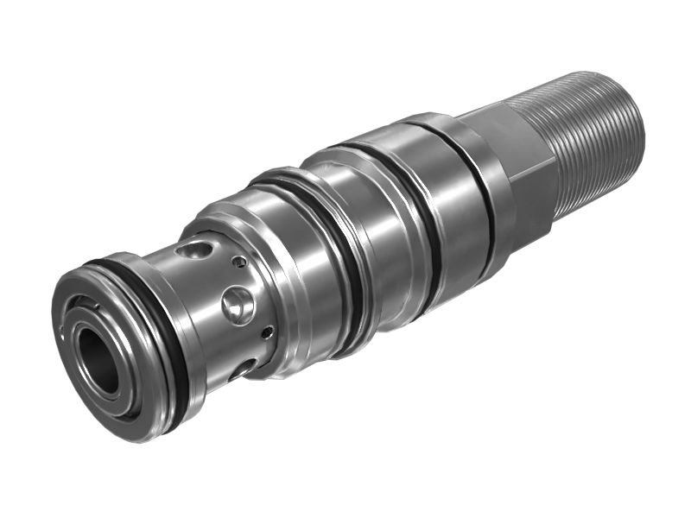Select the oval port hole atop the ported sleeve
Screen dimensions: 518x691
click(x=195, y=250)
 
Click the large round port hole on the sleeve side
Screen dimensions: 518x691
click(x=238, y=305)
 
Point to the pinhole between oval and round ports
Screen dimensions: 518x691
click(x=239, y=262)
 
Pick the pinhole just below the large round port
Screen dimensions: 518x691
click(x=268, y=332)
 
